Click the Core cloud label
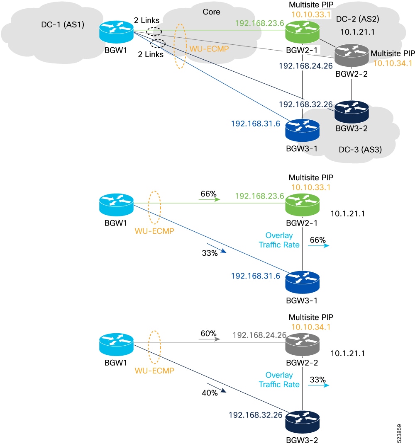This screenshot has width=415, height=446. (x=211, y=12)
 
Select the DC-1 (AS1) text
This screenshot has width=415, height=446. (x=63, y=25)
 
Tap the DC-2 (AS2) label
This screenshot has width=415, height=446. (x=358, y=19)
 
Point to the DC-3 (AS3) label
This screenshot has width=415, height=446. (x=360, y=150)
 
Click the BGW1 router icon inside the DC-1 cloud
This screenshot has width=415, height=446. (x=116, y=32)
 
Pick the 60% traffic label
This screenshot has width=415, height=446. (x=208, y=333)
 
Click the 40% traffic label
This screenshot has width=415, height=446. (x=210, y=393)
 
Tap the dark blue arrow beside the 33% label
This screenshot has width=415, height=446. (x=217, y=248)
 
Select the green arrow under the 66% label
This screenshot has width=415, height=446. (x=209, y=199)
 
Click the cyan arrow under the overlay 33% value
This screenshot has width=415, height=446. (x=318, y=385)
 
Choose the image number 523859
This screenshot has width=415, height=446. (x=399, y=433)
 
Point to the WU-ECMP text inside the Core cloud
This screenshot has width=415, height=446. (x=209, y=49)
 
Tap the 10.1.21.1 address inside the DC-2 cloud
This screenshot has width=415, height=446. (x=357, y=32)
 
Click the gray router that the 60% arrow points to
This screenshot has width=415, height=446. (x=302, y=345)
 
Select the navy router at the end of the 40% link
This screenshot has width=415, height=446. (x=302, y=422)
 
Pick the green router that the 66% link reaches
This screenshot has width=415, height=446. (x=302, y=205)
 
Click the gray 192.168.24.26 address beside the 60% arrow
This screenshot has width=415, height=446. (x=259, y=335)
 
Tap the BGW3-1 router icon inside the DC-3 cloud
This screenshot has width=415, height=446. (x=302, y=130)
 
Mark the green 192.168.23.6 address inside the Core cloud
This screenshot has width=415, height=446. (x=259, y=23)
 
